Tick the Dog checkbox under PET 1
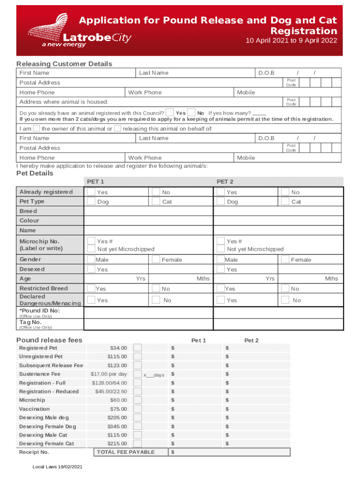(x=91, y=202)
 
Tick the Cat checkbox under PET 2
(x=285, y=202)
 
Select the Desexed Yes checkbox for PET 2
(x=220, y=269)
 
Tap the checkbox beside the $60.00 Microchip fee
(x=137, y=400)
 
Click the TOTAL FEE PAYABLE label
(x=125, y=452)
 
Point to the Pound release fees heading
(x=49, y=340)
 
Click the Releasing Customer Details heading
(x=64, y=64)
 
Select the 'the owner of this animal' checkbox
(x=36, y=129)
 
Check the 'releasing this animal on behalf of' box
(x=117, y=129)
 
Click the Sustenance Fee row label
(x=40, y=374)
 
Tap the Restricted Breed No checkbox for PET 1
(x=155, y=289)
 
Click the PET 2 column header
(x=224, y=181)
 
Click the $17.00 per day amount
(x=108, y=374)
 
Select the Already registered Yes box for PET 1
(x=91, y=192)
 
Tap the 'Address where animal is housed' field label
(x=64, y=102)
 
